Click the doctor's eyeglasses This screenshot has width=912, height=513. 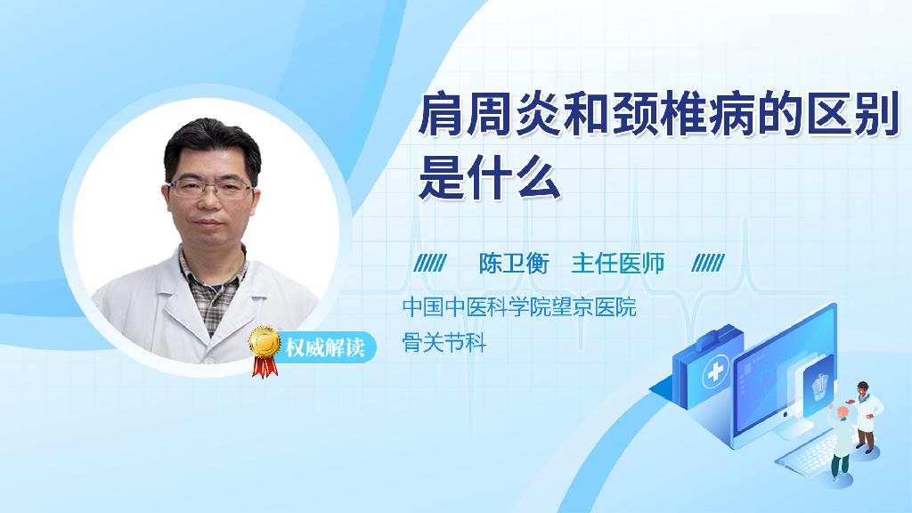tap(211, 189)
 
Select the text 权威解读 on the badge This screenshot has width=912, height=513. tap(324, 348)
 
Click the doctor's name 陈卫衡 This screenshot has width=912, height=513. tap(514, 264)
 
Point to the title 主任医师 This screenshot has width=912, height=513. tap(618, 264)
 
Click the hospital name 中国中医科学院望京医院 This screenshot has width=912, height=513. tap(519, 307)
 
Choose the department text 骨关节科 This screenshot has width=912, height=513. tap(444, 343)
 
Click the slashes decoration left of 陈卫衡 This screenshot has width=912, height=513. tap(430, 263)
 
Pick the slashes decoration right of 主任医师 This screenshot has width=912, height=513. tap(708, 263)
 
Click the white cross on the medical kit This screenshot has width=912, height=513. tap(715, 371)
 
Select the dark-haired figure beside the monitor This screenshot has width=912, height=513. tap(867, 417)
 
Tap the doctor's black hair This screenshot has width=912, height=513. tap(212, 145)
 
